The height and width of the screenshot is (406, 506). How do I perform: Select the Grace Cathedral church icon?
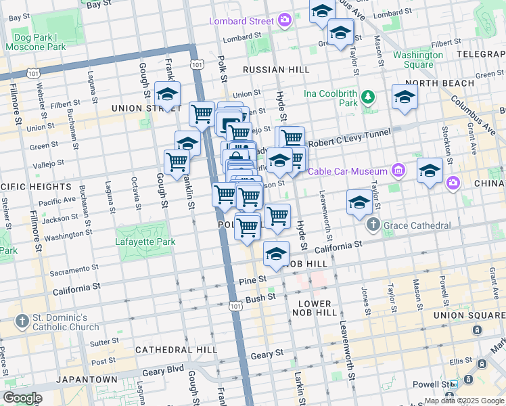(371, 225)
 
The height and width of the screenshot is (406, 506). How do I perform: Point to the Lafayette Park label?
(146, 242)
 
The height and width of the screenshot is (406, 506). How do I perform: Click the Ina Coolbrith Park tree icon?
(368, 97)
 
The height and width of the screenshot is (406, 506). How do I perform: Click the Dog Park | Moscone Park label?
(35, 42)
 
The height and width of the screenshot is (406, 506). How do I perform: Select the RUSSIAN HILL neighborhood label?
(275, 70)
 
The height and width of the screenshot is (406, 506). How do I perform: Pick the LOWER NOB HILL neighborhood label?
(314, 308)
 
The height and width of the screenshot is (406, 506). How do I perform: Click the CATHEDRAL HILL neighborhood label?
(176, 350)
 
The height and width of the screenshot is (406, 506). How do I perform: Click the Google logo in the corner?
(22, 398)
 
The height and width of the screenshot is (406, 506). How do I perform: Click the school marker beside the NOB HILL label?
(276, 254)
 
